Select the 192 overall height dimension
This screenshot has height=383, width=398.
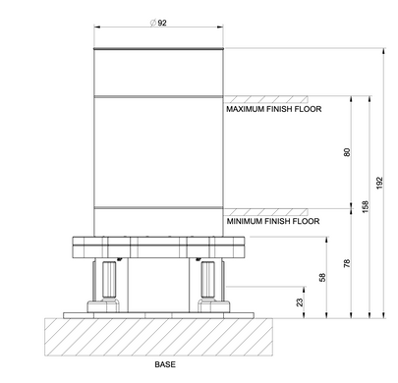coord(379,183)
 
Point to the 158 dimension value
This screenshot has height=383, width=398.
coord(366,206)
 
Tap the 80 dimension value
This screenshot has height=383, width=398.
coord(347,152)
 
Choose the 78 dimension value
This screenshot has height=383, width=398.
coord(347,263)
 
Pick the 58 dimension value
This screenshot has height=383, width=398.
coord(322,277)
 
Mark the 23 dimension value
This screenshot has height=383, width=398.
coord(300,302)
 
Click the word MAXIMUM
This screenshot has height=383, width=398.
coord(245,109)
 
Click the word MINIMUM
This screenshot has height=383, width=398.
coord(245,221)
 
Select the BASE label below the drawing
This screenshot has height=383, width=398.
coord(165,364)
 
